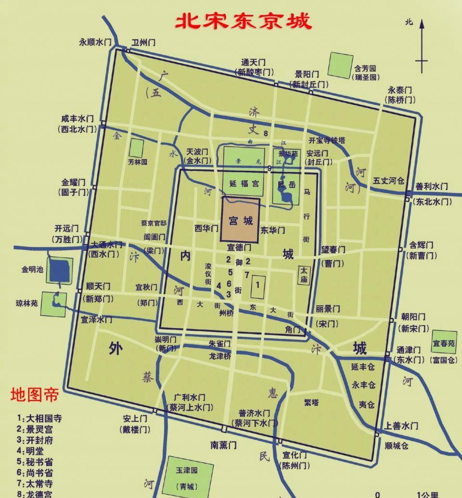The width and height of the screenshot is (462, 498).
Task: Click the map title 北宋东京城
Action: (243, 22)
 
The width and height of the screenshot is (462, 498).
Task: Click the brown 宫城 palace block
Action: (240, 219)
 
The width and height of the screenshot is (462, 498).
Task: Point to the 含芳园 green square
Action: (340, 64)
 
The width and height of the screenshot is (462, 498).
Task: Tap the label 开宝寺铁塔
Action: (327, 140)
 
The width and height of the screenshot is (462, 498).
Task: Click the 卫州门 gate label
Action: (144, 42)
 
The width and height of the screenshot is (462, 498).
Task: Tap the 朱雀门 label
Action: (219, 344)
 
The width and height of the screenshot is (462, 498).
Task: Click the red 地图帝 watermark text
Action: (35, 395)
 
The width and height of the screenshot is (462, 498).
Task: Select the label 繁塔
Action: (311, 402)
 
